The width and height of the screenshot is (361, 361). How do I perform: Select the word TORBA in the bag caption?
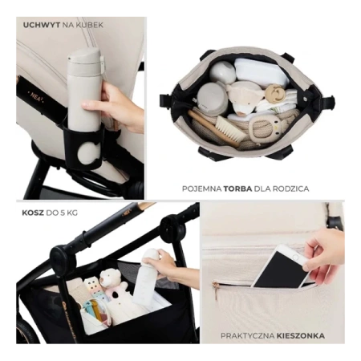pyautogui.click(x=237, y=189)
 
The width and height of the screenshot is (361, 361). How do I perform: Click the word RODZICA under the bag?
pyautogui.click(x=292, y=189)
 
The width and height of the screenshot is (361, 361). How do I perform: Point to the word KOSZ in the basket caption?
pyautogui.click(x=33, y=213)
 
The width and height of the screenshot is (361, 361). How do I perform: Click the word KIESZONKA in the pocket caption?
pyautogui.click(x=301, y=335)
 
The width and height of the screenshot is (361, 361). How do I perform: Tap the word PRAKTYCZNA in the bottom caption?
pyautogui.click(x=248, y=335)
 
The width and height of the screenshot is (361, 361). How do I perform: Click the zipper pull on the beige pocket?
pyautogui.click(x=216, y=290)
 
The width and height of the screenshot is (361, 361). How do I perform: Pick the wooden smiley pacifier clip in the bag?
pyautogui.click(x=274, y=93)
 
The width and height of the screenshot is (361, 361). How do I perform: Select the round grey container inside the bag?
pyautogui.click(x=213, y=99)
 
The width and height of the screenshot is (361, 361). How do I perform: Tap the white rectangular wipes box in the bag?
pyautogui.click(x=259, y=71)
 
